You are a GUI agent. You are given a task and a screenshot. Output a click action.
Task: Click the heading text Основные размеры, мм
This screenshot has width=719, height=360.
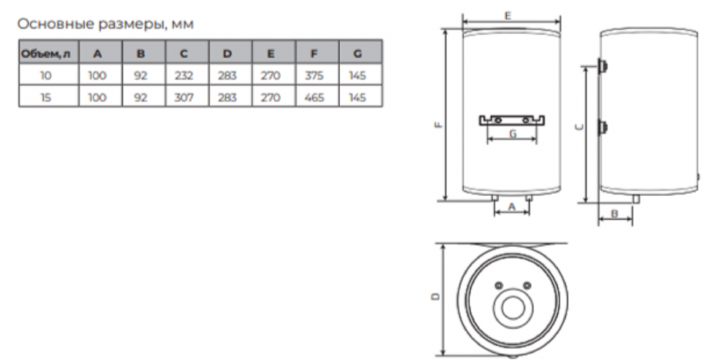point(106,24)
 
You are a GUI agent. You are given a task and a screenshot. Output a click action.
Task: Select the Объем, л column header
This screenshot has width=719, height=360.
point(46,54)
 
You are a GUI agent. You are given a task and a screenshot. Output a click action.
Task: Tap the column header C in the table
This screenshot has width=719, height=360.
point(184,54)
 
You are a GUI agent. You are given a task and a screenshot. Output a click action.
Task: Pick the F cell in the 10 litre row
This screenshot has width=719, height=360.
point(314,75)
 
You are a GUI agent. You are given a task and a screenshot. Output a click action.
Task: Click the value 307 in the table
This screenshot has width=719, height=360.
point(184,98)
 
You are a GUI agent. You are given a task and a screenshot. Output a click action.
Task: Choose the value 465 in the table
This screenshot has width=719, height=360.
point(314,98)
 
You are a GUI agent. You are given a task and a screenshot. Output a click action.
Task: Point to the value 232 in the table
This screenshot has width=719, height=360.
point(184,75)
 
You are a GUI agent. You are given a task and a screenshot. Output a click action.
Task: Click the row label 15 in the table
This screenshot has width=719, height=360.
point(46,98)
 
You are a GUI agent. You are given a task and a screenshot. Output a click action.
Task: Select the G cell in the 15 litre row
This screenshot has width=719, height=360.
point(357,98)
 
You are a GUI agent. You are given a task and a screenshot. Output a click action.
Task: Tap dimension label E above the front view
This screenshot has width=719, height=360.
point(508,16)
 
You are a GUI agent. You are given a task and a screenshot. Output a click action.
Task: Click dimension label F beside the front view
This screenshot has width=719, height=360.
point(439,124)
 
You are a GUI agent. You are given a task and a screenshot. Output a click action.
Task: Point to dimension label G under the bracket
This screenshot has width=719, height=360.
point(513,134)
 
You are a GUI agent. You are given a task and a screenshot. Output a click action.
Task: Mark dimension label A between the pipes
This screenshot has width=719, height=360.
point(512,207)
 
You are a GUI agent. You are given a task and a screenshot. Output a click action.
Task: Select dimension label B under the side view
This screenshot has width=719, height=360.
point(615,213)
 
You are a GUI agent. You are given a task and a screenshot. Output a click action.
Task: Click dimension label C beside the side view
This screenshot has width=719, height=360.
point(580,127)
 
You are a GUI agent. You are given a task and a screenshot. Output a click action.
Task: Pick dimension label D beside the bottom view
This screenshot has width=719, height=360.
point(436,297)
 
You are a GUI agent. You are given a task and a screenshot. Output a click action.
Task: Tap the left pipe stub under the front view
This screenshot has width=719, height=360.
point(495,198)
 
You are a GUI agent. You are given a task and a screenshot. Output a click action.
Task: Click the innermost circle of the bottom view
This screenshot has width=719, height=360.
point(512,308)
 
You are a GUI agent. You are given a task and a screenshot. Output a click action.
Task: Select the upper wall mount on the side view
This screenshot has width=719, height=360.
point(603,66)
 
